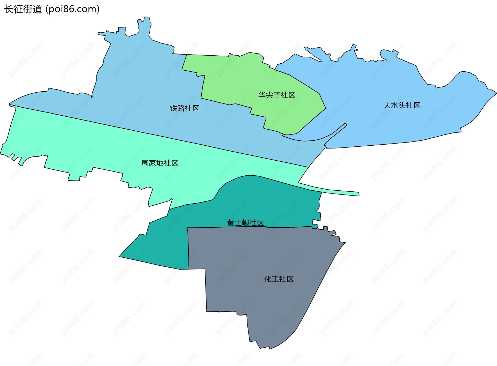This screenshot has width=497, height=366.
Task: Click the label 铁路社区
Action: [184, 108]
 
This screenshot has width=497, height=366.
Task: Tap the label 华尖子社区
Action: [276, 95]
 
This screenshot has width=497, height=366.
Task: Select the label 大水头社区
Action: [401, 105]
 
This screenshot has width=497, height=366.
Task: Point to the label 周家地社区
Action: [159, 163]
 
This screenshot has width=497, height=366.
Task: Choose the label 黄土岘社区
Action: [245, 223]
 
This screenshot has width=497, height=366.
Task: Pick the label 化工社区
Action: [279, 279]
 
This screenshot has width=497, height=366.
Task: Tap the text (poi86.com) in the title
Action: [72, 9]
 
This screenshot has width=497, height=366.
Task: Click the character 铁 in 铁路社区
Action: [173, 108]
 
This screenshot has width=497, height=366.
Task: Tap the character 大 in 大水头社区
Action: [387, 105]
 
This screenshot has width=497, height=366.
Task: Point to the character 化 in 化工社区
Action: [268, 279]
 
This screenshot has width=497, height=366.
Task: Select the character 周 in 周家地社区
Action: [145, 163]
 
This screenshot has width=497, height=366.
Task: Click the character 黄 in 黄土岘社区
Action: [230, 223]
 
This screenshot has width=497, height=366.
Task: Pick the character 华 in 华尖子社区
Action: [262, 95]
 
